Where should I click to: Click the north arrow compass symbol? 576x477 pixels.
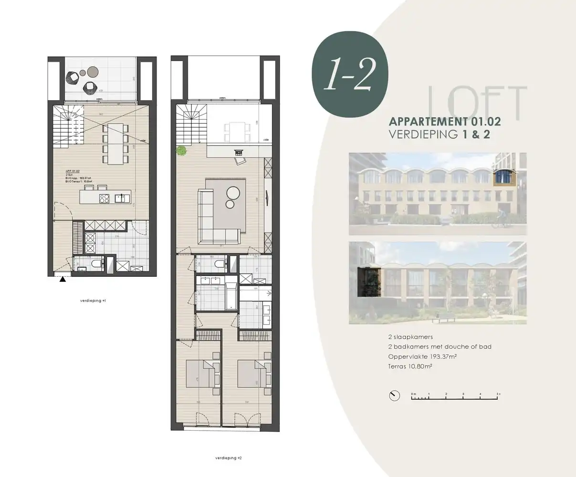point(394,396)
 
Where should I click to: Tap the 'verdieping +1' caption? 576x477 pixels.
point(93,301)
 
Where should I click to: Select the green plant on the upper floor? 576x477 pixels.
point(181,151)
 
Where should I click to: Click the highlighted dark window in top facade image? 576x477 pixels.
point(501,177)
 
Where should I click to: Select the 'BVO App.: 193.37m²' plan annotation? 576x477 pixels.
point(78,178)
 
